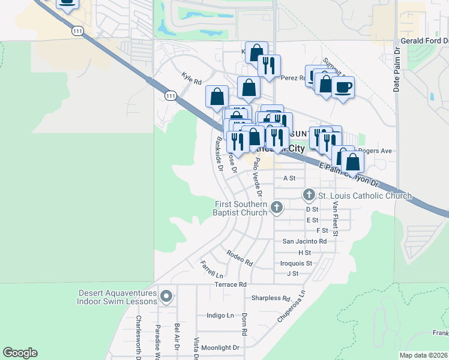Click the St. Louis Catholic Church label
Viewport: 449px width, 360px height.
tap(364, 196)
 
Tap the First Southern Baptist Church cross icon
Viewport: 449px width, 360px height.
tap(276, 208)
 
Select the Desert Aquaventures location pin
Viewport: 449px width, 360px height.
tap(166, 296)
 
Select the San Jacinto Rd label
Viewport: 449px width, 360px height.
tap(305, 241)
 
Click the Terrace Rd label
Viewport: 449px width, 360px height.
tap(231, 284)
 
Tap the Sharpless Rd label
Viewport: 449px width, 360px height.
tap(271, 298)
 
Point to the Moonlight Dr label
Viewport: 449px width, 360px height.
tap(220, 347)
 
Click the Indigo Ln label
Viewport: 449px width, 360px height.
tap(220, 315)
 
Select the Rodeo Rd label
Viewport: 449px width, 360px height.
tap(240, 258)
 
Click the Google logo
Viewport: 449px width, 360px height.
tap(20, 353)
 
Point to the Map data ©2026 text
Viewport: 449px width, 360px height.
tap(423, 355)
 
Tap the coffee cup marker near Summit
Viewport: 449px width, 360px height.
tap(343, 88)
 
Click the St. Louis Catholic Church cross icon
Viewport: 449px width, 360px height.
tap(309, 194)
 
